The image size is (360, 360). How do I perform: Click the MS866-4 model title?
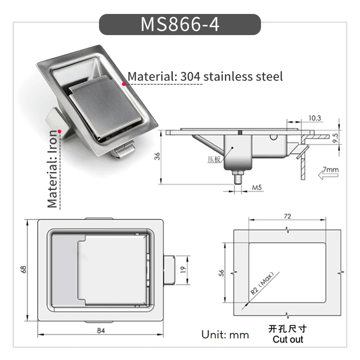[x=180, y=24]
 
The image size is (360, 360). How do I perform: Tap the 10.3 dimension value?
[x=315, y=118]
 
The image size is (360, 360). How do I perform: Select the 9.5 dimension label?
[x=335, y=138]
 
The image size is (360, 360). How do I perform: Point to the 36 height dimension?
[x=157, y=156]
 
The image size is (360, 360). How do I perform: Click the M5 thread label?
[x=256, y=188]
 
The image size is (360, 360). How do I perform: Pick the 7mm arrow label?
[x=331, y=170]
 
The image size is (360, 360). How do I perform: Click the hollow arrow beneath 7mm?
[x=328, y=175]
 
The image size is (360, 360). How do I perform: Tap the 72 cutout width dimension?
[x=287, y=216]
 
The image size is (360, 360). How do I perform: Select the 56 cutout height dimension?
[x=221, y=273]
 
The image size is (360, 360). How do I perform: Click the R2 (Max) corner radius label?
[x=262, y=283]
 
